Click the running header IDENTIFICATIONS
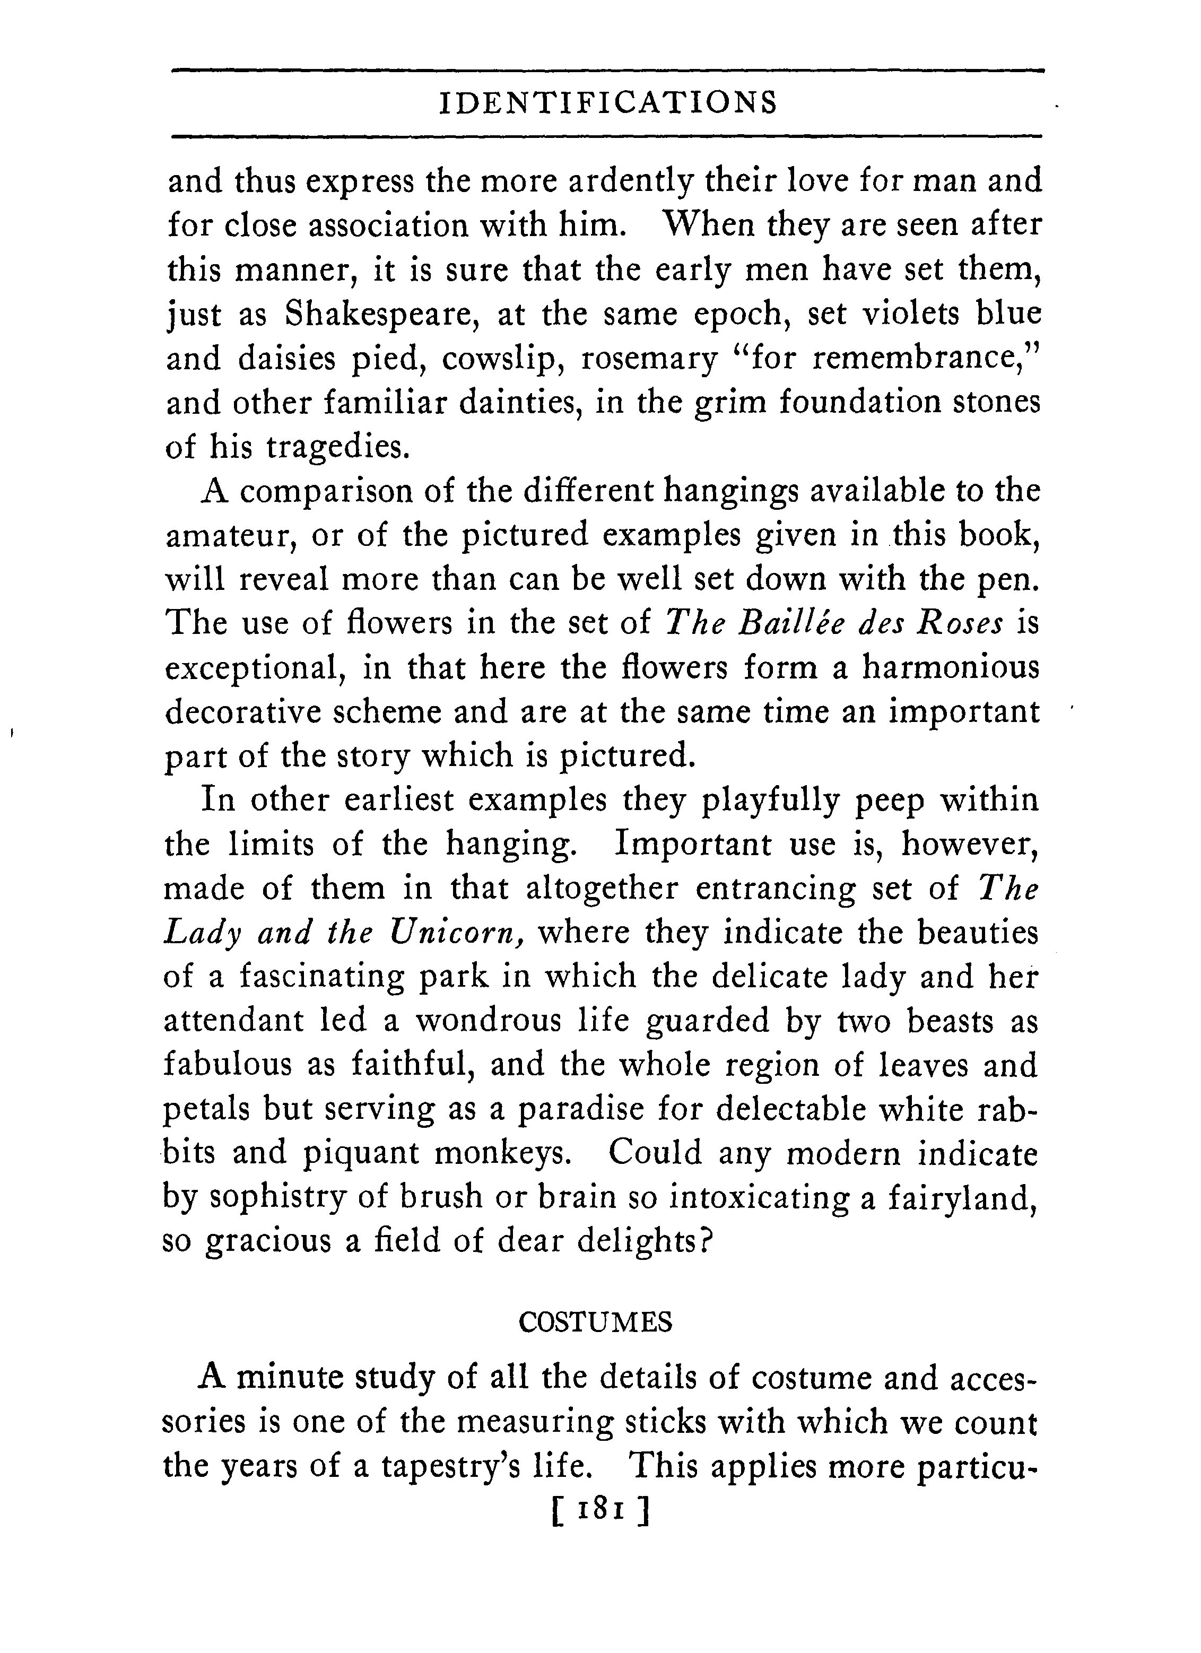[609, 103]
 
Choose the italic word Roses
[959, 624]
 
